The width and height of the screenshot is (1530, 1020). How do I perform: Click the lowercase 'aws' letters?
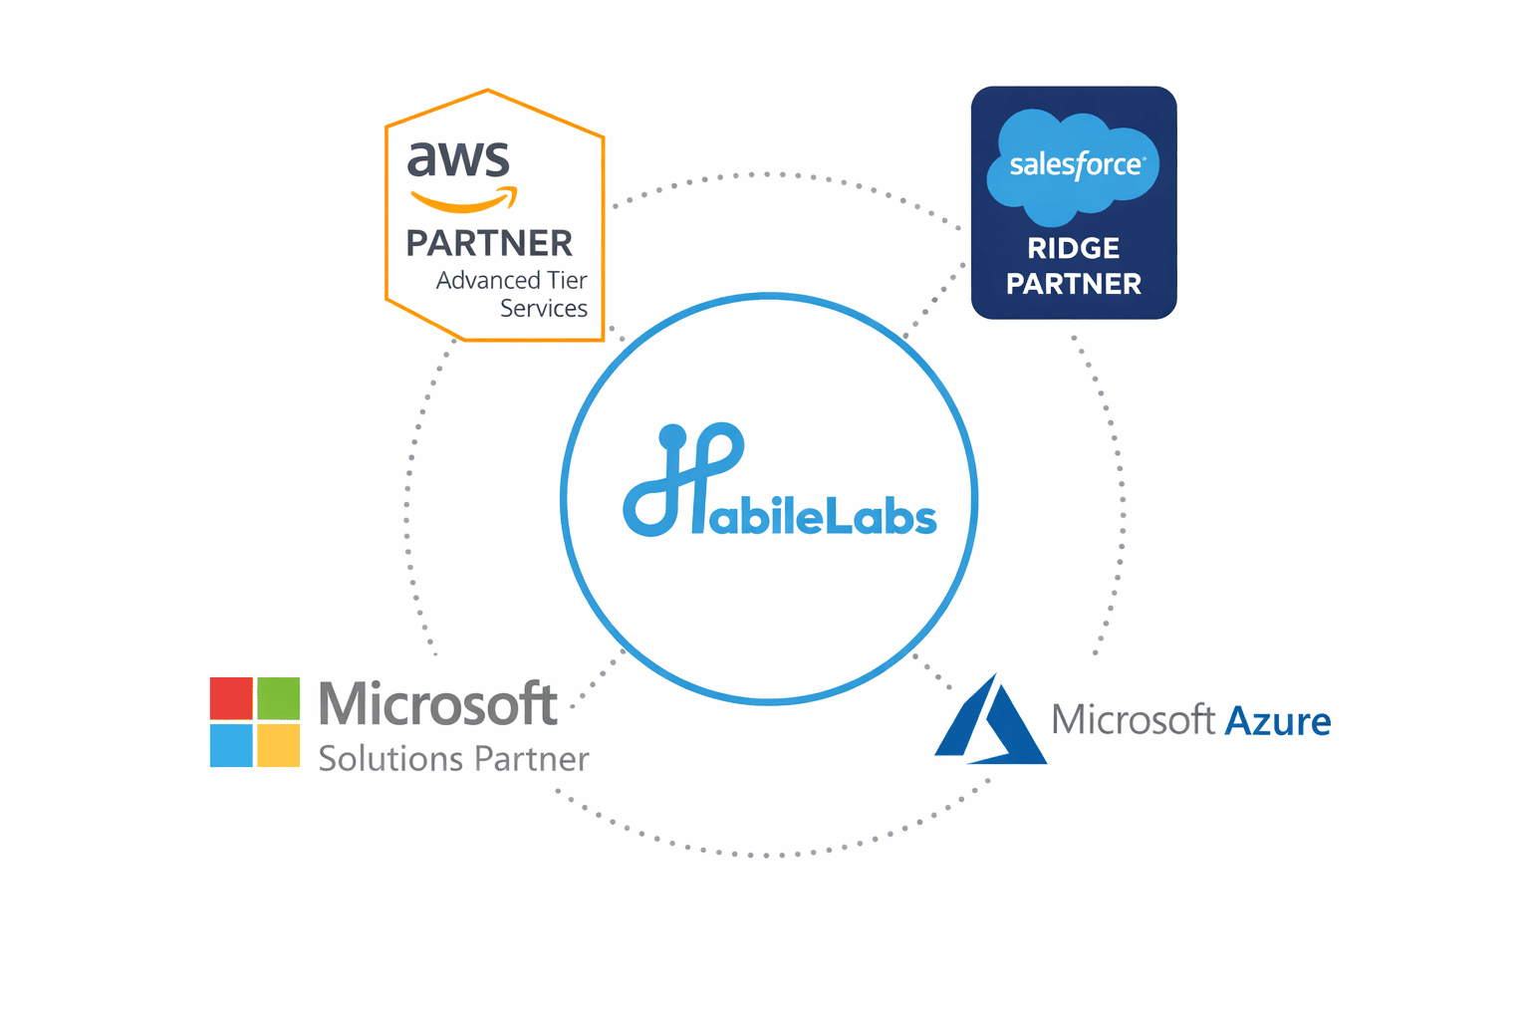tap(458, 159)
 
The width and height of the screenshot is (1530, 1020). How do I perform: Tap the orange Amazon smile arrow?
tap(464, 201)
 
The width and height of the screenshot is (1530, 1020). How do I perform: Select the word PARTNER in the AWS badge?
tap(489, 243)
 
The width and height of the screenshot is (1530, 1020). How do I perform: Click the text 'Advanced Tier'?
tap(511, 280)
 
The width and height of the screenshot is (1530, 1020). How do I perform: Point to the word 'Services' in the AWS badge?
tap(543, 309)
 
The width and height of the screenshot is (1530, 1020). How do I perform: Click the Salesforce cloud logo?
tap(1074, 165)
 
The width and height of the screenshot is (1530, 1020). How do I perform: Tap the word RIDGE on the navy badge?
tap(1074, 248)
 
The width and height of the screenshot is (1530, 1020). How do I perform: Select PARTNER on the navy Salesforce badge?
tap(1074, 284)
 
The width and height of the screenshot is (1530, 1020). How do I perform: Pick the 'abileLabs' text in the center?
tap(823, 516)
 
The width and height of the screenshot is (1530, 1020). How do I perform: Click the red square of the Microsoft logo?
tap(231, 698)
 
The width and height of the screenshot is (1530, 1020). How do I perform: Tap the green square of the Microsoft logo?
tap(279, 698)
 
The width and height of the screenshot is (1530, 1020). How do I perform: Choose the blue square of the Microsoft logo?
tap(231, 745)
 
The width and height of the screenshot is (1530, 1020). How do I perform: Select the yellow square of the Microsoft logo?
tap(279, 745)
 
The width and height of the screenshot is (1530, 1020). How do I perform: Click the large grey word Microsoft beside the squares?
tap(437, 704)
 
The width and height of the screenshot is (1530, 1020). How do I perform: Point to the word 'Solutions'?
tap(391, 759)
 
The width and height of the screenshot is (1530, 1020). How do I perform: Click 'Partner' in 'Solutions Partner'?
tap(531, 759)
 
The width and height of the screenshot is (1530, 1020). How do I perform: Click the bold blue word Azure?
tap(1277, 721)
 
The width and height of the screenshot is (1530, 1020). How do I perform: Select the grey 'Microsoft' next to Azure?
tap(1133, 719)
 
